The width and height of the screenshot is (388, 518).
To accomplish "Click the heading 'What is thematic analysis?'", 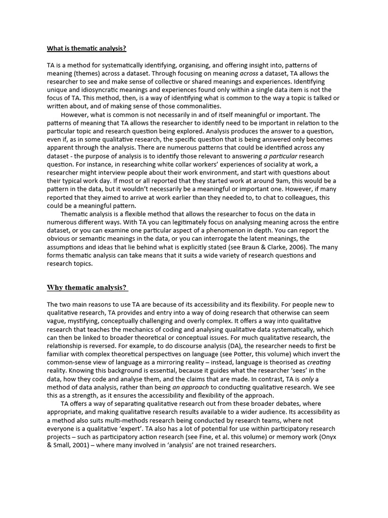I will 86,49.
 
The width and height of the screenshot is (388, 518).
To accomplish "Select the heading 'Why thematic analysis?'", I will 87,288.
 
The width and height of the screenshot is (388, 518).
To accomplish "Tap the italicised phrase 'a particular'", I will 280,156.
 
